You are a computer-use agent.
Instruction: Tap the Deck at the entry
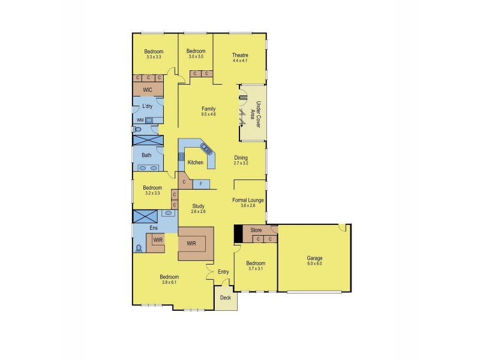[x=225, y=298]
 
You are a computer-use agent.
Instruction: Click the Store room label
[x=256, y=230]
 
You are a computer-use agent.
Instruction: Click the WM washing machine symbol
[x=140, y=120]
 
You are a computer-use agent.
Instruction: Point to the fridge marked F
[x=201, y=183]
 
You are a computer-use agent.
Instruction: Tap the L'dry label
[x=147, y=107]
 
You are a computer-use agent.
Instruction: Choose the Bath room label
[x=146, y=155]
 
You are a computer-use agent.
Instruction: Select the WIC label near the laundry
[x=147, y=89]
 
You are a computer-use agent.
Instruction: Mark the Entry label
[x=223, y=272]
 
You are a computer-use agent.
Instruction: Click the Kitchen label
[x=196, y=163]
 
